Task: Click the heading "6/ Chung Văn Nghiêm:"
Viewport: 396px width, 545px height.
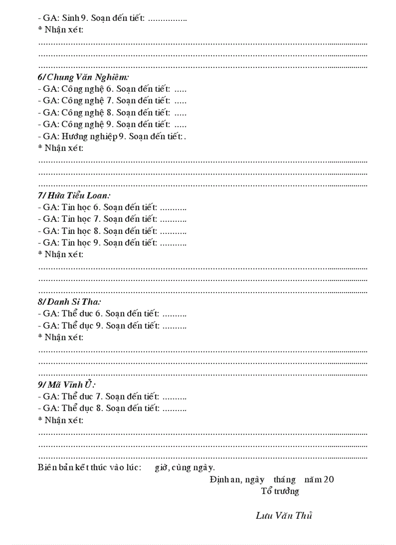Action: (x=83, y=77)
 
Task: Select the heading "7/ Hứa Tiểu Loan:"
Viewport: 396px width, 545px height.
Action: (x=74, y=196)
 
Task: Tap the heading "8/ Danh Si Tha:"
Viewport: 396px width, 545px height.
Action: (x=69, y=302)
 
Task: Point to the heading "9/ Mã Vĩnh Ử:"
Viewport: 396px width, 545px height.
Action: (x=66, y=385)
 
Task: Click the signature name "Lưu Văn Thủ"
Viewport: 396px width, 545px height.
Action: (x=284, y=515)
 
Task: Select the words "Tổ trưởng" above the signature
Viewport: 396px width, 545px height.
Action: (x=280, y=491)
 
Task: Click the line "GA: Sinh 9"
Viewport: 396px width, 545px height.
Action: (x=112, y=18)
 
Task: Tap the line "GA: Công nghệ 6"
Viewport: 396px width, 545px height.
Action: (x=112, y=89)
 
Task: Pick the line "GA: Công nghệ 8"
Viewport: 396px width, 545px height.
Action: (x=112, y=113)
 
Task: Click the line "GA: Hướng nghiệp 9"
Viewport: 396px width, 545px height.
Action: (x=112, y=136)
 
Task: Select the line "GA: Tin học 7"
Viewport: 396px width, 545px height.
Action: (x=112, y=219)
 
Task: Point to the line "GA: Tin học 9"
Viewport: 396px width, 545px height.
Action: (x=112, y=242)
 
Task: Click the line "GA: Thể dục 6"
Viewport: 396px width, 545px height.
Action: (x=112, y=314)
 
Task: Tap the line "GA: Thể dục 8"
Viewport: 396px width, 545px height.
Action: (x=112, y=408)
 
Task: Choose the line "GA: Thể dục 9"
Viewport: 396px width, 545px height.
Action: (x=112, y=325)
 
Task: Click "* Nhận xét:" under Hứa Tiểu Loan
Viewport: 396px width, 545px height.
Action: (x=61, y=254)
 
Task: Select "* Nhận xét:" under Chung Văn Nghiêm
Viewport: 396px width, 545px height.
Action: (x=61, y=148)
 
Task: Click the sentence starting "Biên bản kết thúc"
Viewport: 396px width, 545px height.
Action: (x=126, y=467)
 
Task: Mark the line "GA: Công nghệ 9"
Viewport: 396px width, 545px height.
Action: (x=112, y=124)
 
